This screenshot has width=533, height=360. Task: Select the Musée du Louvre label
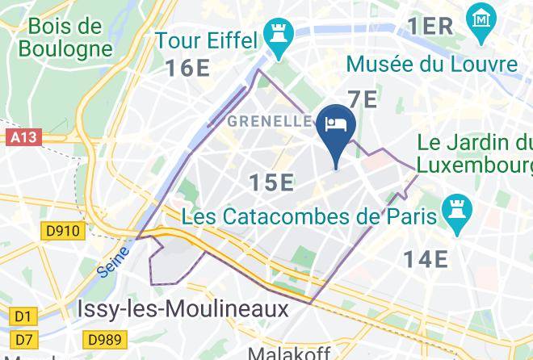click(x=431, y=64)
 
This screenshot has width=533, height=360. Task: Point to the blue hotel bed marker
click(x=335, y=125)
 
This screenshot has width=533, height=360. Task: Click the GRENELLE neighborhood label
click(x=270, y=122)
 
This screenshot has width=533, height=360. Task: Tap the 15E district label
click(x=271, y=183)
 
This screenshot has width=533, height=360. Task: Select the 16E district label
click(x=188, y=68)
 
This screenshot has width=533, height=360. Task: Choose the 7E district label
click(x=363, y=99)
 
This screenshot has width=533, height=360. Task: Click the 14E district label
click(x=426, y=258)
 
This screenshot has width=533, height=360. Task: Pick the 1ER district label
click(x=430, y=27)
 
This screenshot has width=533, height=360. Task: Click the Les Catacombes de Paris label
click(x=310, y=217)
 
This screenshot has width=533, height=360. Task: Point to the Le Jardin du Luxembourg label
click(x=475, y=154)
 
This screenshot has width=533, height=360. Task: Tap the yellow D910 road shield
click(x=63, y=232)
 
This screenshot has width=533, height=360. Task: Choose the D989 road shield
click(x=104, y=339)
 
